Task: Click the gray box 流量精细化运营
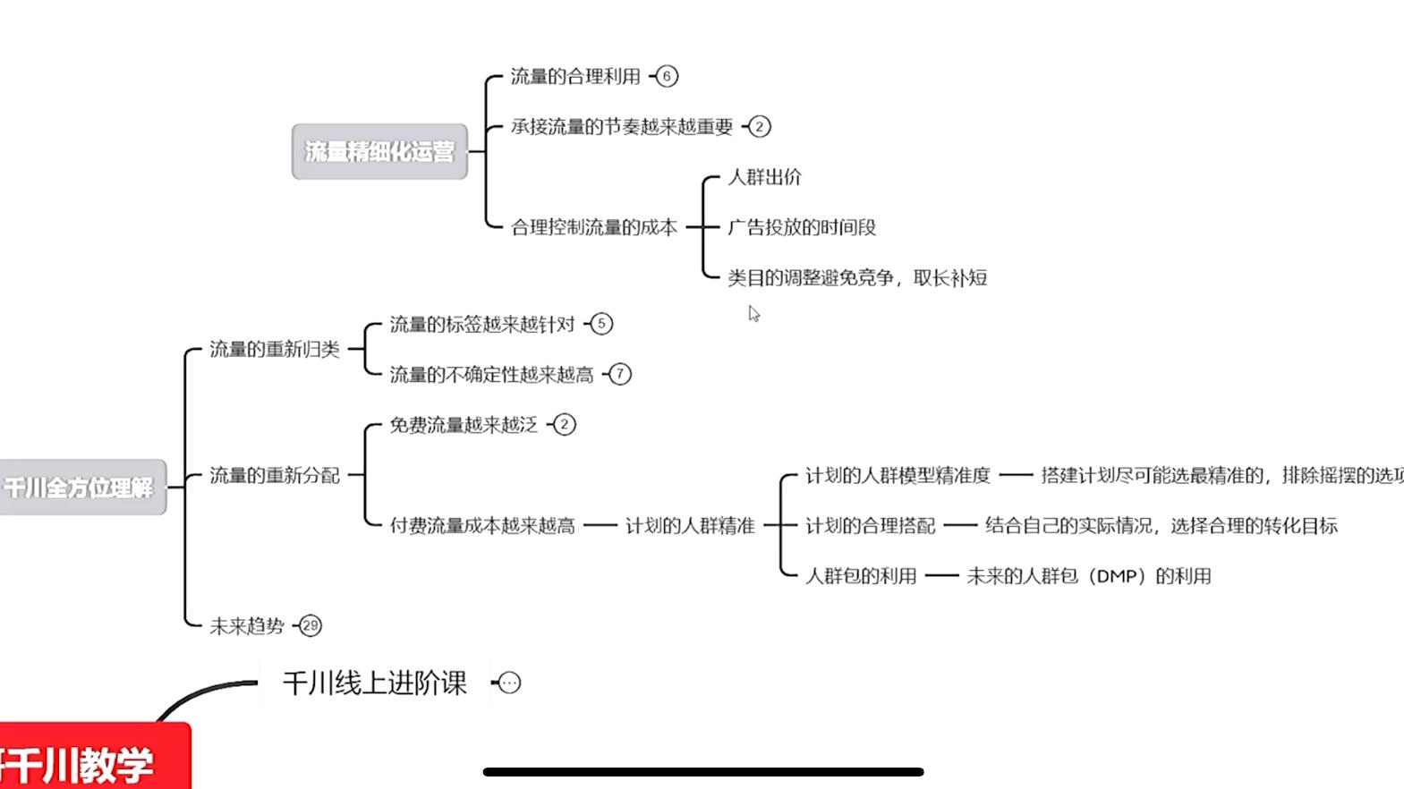click(x=379, y=152)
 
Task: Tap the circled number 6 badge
click(x=667, y=76)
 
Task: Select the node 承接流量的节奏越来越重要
click(x=621, y=127)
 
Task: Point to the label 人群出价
click(x=764, y=177)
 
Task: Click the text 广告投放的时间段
click(x=801, y=227)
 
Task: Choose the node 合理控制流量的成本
click(x=593, y=227)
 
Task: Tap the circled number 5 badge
click(x=601, y=324)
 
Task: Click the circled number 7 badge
click(x=619, y=374)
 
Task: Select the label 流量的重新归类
click(x=274, y=350)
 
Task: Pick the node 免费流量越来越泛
click(x=463, y=425)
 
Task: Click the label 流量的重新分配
click(x=274, y=475)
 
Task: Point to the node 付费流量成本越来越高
click(x=481, y=526)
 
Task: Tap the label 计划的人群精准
click(x=689, y=526)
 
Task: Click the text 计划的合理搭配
click(x=870, y=526)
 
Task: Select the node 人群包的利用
click(x=861, y=576)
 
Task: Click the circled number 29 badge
click(x=310, y=625)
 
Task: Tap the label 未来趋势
click(x=246, y=626)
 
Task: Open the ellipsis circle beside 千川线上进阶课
click(x=509, y=683)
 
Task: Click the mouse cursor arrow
click(x=753, y=313)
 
